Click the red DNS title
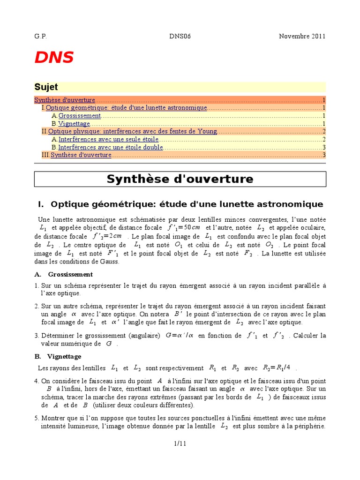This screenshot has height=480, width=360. (54, 58)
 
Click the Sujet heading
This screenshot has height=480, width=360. (46, 87)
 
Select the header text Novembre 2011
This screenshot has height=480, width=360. (302, 37)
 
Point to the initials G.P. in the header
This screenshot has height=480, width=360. (41, 37)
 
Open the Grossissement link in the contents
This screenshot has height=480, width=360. (80, 116)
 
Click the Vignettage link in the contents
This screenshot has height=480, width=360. (74, 124)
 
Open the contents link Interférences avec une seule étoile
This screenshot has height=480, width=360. (108, 139)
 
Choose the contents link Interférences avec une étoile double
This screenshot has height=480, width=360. (111, 147)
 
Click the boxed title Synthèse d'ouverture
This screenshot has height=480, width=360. (180, 179)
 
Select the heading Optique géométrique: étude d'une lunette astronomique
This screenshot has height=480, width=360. (186, 204)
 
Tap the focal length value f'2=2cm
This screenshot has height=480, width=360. (107, 236)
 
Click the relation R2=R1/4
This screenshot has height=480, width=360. (277, 368)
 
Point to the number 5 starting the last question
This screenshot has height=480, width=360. (37, 418)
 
